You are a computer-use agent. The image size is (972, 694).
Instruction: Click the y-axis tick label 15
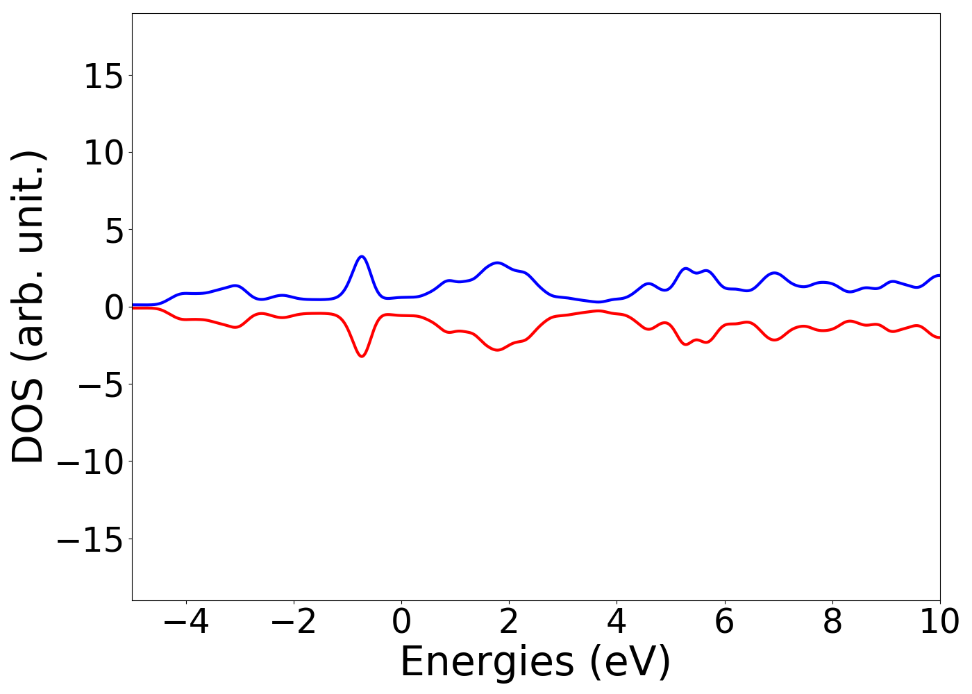pos(104,76)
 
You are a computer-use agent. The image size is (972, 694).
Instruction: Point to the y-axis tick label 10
pos(104,153)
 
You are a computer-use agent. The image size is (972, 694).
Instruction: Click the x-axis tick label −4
pos(186,622)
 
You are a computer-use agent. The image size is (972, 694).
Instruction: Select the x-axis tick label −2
pos(294,622)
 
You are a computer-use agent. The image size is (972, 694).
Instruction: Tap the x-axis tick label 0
pos(401,622)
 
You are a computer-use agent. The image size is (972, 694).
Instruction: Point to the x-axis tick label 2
pos(509,622)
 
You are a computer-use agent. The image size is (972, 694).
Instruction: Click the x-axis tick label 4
pos(617,622)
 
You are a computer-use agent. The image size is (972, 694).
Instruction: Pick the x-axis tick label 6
pos(724,622)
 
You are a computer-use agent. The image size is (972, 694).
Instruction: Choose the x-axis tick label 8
pos(832,622)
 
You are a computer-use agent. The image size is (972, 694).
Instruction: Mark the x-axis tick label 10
pos(939,622)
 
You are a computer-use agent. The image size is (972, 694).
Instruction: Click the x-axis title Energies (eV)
pos(535,661)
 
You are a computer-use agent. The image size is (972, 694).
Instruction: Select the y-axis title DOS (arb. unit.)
pos(29,307)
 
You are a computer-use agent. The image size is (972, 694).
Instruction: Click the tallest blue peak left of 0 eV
pos(361,257)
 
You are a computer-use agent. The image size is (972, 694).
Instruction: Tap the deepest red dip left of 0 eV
pos(361,356)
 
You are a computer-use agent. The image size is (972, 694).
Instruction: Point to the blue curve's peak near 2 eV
pos(497,263)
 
